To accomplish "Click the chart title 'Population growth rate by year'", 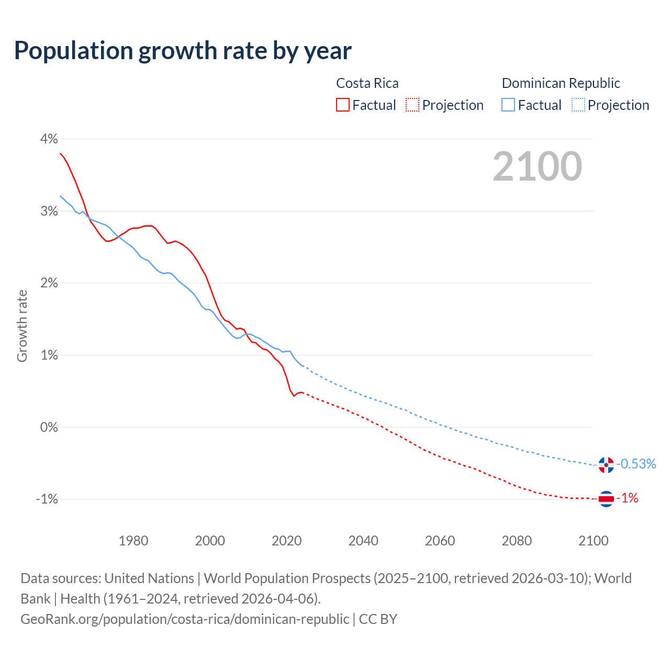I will coord(183,51).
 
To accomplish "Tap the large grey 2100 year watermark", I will coord(537,166).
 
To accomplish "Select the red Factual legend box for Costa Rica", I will coord(343,105).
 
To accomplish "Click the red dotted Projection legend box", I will coord(412,105).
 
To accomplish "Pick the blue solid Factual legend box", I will coord(508,105).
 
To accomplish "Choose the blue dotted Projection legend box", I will coord(578,105).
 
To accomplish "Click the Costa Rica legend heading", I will coord(367,83).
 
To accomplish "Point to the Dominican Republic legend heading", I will coord(561,83).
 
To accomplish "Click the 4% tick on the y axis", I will coord(49,139).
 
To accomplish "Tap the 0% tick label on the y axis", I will coord(49,427).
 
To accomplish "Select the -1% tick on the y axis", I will coord(47,499).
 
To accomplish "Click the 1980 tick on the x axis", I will coord(133,541).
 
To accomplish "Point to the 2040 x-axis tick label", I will coord(363,541).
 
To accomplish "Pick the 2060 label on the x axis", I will coord(440,541).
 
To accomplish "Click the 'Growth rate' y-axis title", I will coord(22,326).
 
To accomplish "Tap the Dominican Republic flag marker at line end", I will coord(606,465).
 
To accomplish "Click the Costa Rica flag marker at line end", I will coord(606,499).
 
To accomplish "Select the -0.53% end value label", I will coord(636,464).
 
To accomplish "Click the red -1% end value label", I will coord(628,498).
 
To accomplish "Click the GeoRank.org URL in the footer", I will coord(185,619).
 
